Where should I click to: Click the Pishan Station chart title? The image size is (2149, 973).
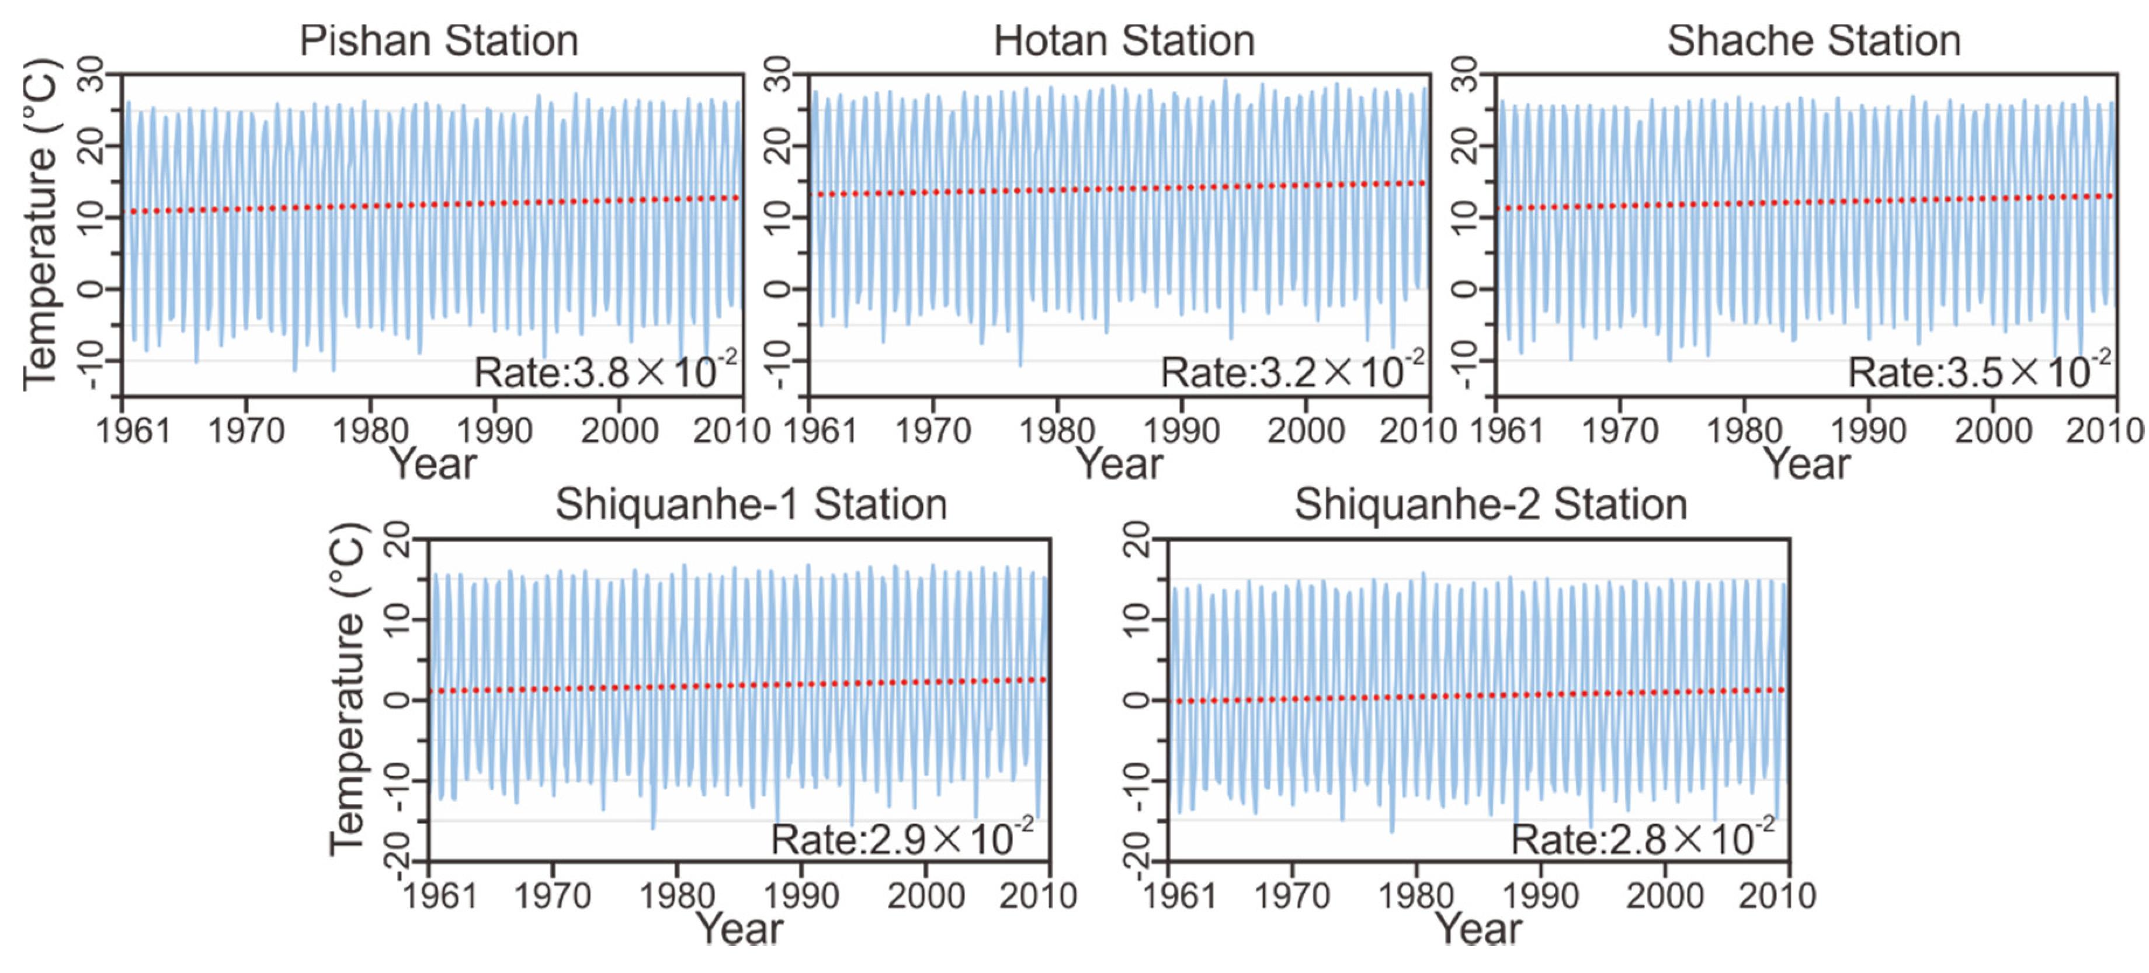(x=439, y=41)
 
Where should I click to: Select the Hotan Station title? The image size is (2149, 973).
(x=1124, y=41)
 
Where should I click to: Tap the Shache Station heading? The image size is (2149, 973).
(x=1814, y=41)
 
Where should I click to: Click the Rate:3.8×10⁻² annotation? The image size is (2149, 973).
(x=604, y=371)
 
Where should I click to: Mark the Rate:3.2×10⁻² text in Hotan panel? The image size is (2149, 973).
(x=1292, y=371)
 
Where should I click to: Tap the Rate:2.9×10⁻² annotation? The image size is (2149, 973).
(x=901, y=838)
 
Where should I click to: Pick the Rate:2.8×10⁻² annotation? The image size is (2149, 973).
(x=1642, y=838)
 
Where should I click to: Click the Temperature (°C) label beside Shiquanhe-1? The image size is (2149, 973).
(x=347, y=688)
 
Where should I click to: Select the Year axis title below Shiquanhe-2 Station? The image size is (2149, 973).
(x=1477, y=929)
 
